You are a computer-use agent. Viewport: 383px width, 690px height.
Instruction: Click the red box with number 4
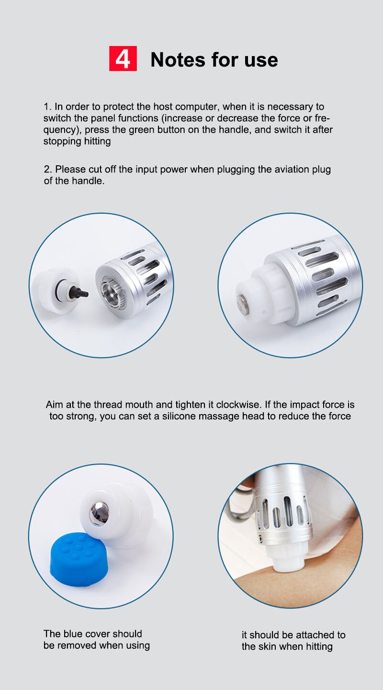[x=123, y=58]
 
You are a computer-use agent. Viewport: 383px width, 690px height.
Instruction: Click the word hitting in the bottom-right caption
[x=316, y=646]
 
